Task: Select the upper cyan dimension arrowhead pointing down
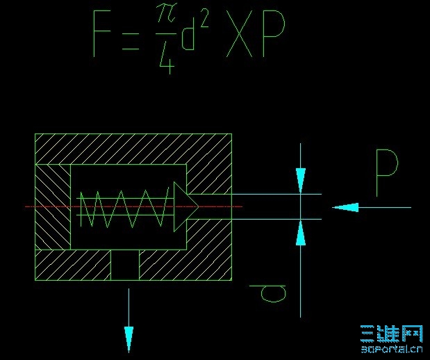[300, 181]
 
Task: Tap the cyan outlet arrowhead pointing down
[129, 340]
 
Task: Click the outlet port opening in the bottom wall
[125, 265]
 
